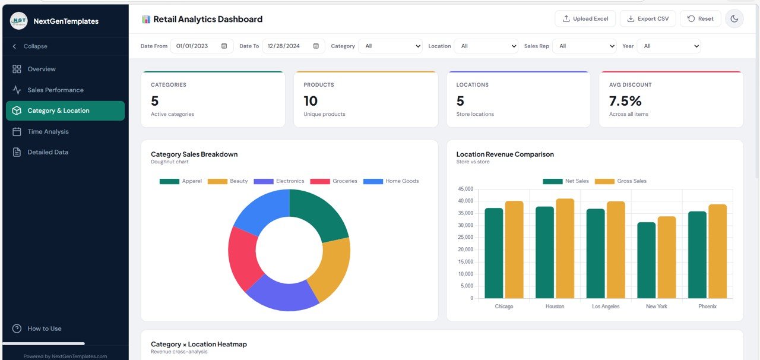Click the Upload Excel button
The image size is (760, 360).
click(585, 18)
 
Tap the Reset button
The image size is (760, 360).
click(700, 18)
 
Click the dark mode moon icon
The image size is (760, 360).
click(734, 18)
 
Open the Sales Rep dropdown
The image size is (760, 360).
click(584, 46)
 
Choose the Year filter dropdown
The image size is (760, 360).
click(669, 46)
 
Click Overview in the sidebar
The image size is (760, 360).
click(42, 69)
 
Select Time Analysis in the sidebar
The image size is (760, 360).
click(47, 131)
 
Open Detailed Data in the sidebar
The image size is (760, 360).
click(47, 152)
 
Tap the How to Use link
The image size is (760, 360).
click(44, 329)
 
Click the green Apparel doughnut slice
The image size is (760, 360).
click(321, 214)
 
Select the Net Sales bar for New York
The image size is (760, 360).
click(646, 261)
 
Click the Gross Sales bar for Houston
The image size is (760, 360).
click(565, 250)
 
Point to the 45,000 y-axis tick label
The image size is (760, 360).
click(464, 189)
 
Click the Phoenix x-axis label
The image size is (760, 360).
click(707, 307)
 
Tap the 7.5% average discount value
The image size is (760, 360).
click(625, 101)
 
